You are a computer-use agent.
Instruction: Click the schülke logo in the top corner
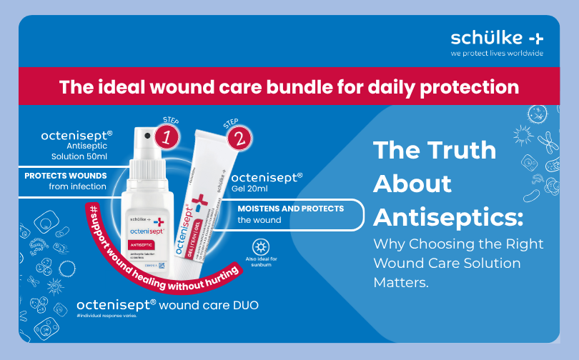[496, 38]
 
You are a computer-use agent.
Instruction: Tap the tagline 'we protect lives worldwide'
[496, 54]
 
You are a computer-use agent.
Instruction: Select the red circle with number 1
[167, 137]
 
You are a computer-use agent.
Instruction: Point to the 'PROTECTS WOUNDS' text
[66, 176]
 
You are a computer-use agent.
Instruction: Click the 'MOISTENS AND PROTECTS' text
[291, 209]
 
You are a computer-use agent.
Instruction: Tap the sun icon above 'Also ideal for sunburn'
[261, 247]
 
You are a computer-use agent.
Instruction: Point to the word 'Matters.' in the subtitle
[402, 282]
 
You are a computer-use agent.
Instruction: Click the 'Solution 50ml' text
[79, 156]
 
